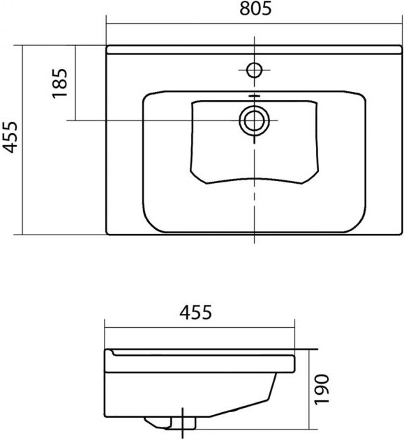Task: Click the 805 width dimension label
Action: pyautogui.click(x=255, y=8)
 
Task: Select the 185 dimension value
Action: pyautogui.click(x=60, y=84)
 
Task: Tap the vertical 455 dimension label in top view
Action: pyautogui.click(x=10, y=138)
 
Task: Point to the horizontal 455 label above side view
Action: pyautogui.click(x=195, y=313)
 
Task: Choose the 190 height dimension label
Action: pyautogui.click(x=322, y=389)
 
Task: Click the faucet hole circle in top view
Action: pyautogui.click(x=254, y=70)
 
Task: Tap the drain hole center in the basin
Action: pyautogui.click(x=254, y=120)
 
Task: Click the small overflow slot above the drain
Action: pyautogui.click(x=254, y=96)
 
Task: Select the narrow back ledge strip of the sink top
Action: pyautogui.click(x=254, y=49)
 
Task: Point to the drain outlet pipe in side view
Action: pyautogui.click(x=183, y=423)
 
